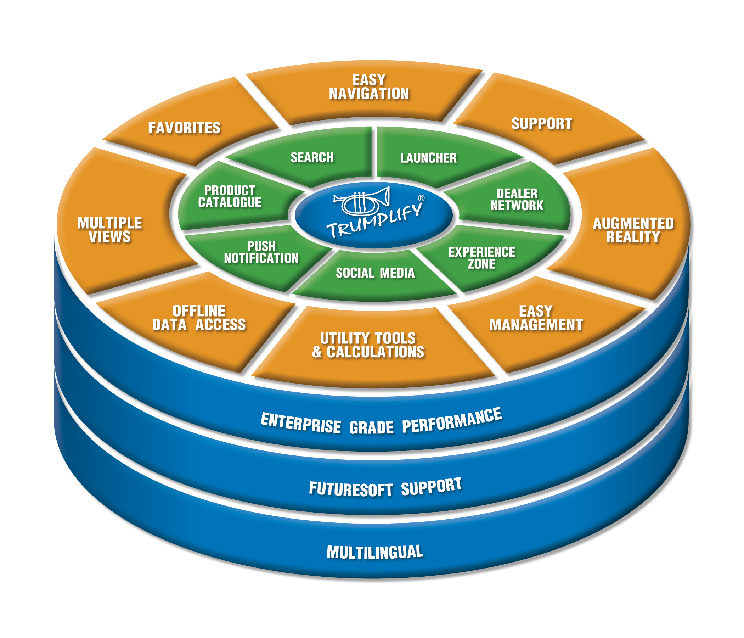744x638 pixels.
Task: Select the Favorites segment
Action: click(x=184, y=128)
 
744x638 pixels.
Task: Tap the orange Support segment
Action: click(x=541, y=124)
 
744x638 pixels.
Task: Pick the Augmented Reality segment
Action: click(x=633, y=230)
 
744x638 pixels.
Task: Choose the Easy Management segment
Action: click(x=536, y=318)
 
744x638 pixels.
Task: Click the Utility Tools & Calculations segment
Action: click(x=368, y=345)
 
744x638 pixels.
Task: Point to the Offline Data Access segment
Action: click(x=198, y=318)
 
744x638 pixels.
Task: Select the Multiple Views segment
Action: click(x=109, y=230)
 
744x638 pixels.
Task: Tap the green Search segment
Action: click(x=312, y=158)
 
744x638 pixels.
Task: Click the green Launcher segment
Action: click(x=428, y=158)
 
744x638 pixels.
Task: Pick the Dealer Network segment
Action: click(x=517, y=200)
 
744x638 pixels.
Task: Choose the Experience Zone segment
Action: click(x=481, y=258)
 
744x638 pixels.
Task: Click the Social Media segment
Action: click(x=375, y=273)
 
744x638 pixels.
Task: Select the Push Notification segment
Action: click(x=261, y=252)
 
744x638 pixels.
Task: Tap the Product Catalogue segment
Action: click(x=230, y=196)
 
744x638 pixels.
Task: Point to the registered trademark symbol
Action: click(x=421, y=198)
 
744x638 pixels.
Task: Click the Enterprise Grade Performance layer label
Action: click(x=381, y=422)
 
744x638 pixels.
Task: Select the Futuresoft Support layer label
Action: click(x=385, y=488)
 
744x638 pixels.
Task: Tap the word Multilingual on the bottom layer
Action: click(x=375, y=552)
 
